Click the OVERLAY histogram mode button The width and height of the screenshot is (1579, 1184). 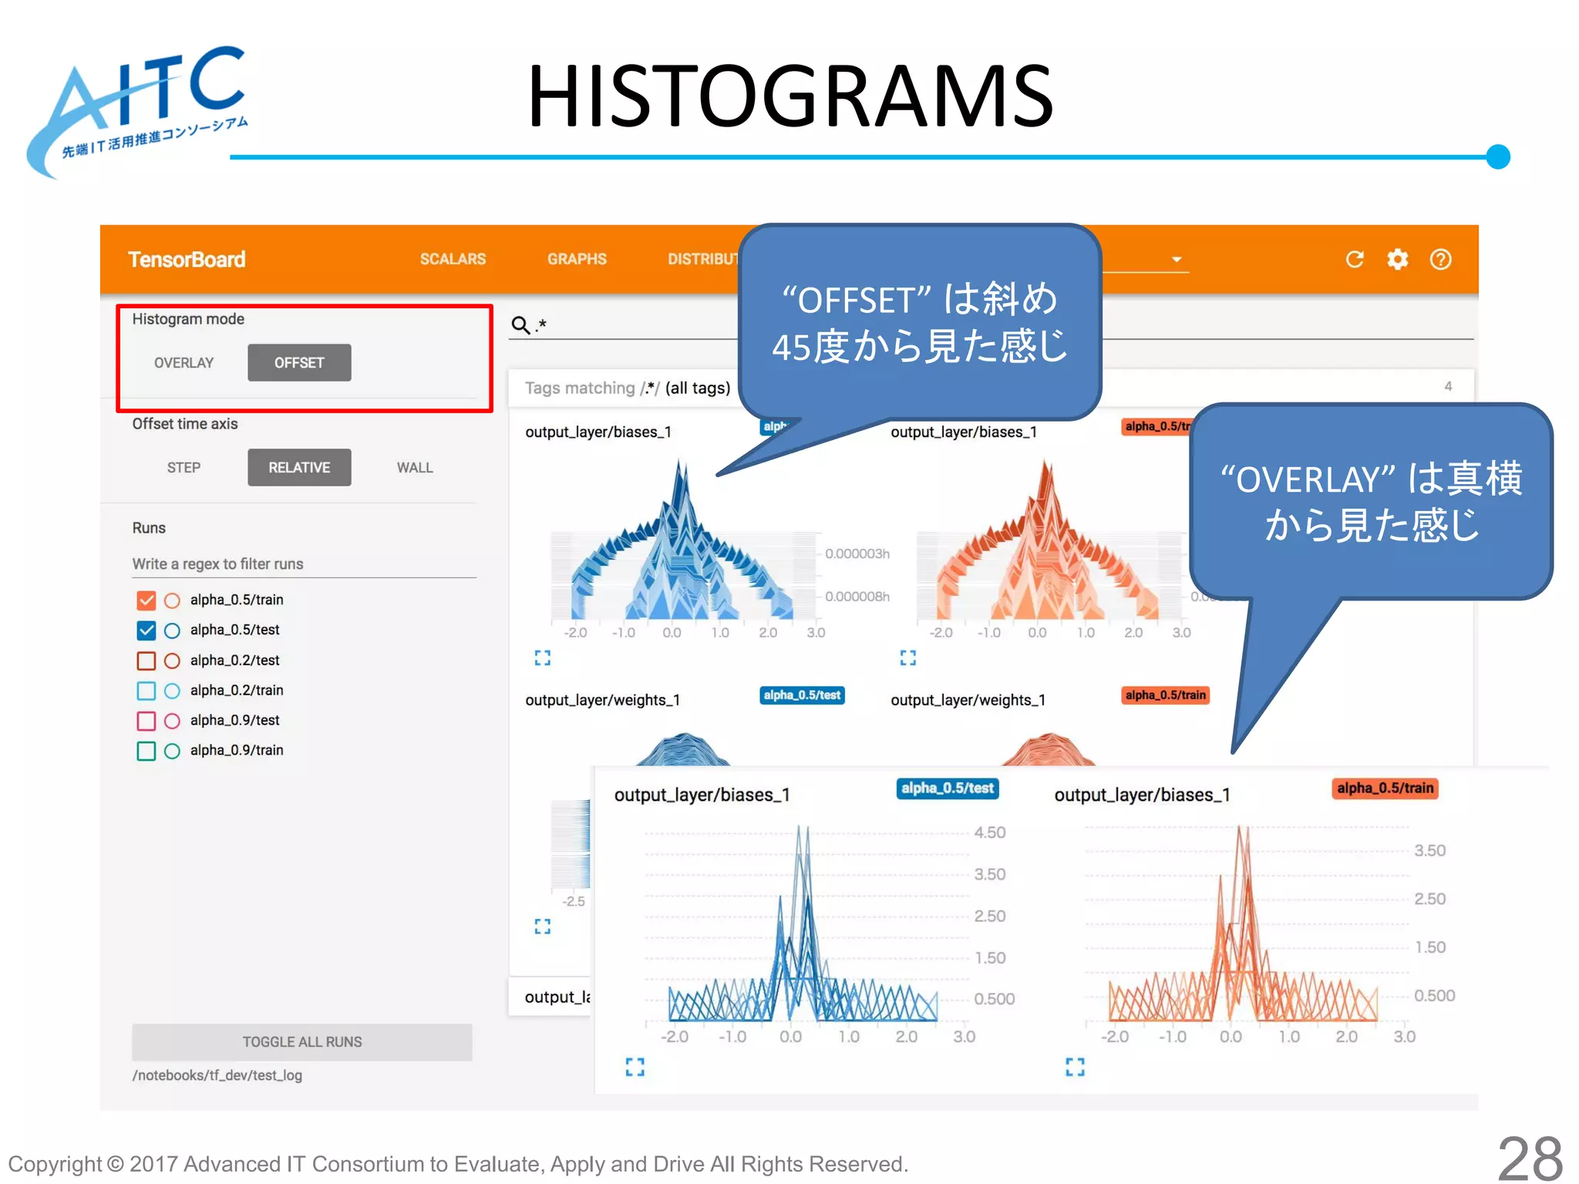pyautogui.click(x=183, y=363)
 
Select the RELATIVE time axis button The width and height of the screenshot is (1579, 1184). pyautogui.click(x=299, y=468)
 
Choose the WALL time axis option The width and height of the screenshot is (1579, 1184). pyautogui.click(x=415, y=468)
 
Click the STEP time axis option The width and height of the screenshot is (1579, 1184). pyautogui.click(x=183, y=468)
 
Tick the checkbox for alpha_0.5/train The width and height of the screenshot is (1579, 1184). pyautogui.click(x=146, y=600)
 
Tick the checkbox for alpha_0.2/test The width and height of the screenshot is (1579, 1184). pyautogui.click(x=146, y=661)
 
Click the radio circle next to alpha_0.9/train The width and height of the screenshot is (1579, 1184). pyautogui.click(x=172, y=751)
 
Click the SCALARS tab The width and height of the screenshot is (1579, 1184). pyautogui.click(x=453, y=259)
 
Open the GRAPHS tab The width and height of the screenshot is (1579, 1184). pyautogui.click(x=577, y=259)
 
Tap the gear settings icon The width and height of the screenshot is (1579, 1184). pyautogui.click(x=1397, y=260)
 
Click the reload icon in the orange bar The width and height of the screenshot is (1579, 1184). pyautogui.click(x=1355, y=260)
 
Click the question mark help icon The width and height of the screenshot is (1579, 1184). pyautogui.click(x=1440, y=260)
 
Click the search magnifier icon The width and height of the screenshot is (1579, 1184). pyautogui.click(x=521, y=325)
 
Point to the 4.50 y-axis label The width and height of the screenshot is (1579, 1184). pyautogui.click(x=990, y=832)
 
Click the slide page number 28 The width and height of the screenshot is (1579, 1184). pyautogui.click(x=1530, y=1159)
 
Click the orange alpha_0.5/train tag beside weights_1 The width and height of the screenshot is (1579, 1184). pyautogui.click(x=1165, y=695)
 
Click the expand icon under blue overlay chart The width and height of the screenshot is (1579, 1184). pyautogui.click(x=635, y=1067)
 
